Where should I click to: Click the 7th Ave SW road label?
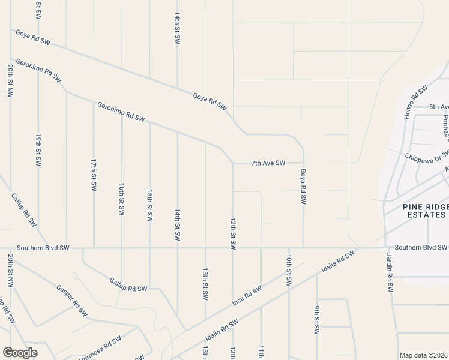point(268,163)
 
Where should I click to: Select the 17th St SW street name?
point(94,175)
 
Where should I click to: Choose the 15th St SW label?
point(149,206)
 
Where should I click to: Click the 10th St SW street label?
point(289,271)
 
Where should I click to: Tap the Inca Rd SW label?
point(247,296)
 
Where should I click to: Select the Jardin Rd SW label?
point(390,272)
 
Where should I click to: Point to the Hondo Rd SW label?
point(415,102)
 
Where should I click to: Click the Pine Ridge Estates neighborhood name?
point(425,211)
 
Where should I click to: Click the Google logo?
point(20,352)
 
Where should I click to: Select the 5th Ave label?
point(439,107)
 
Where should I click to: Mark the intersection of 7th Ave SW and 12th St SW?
point(233,163)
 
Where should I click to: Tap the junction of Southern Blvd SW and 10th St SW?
point(289,247)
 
